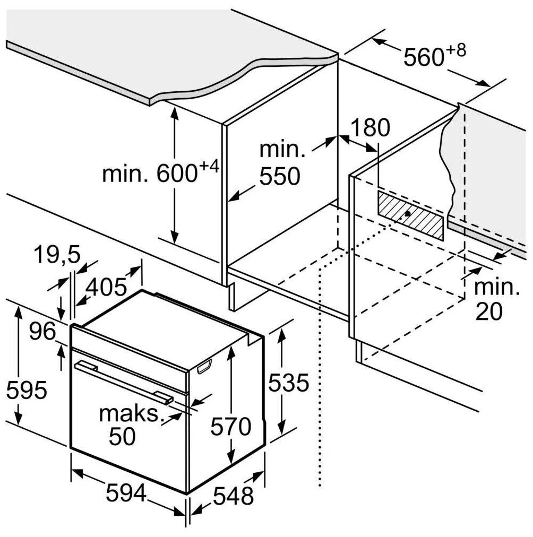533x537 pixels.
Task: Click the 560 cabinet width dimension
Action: tap(423, 57)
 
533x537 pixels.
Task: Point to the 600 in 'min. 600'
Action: tap(178, 174)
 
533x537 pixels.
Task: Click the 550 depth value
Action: tap(280, 176)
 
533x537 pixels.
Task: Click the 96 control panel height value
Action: tap(42, 332)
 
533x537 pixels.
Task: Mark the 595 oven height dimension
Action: tap(27, 391)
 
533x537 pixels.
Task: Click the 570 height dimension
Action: tap(230, 426)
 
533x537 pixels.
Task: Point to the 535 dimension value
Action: tap(288, 383)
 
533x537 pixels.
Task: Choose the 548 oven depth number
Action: tap(234, 496)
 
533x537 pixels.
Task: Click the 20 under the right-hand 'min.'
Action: tap(488, 313)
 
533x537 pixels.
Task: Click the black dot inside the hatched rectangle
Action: tap(407, 213)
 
